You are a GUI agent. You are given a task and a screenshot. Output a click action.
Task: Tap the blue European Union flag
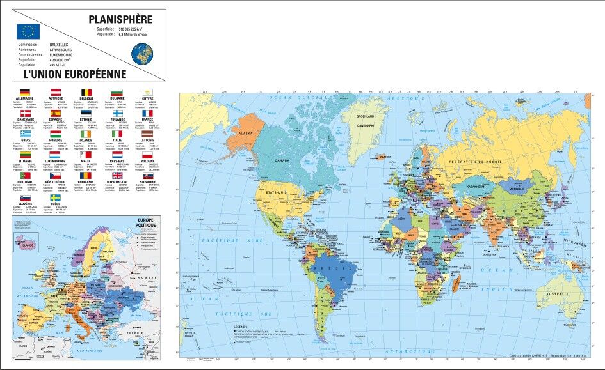28,31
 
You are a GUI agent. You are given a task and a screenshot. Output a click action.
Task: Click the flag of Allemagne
25,93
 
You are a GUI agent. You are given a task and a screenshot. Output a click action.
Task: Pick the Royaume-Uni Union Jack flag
117,175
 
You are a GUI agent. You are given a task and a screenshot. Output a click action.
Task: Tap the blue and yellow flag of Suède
55,199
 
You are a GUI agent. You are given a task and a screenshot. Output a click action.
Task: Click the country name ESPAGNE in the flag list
55,119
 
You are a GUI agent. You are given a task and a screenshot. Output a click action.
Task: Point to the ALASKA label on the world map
246,133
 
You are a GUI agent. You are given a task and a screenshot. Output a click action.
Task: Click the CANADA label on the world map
282,160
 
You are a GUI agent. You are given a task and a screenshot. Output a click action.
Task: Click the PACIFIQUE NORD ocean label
231,240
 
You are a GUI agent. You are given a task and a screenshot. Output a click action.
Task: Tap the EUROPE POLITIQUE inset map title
146,222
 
